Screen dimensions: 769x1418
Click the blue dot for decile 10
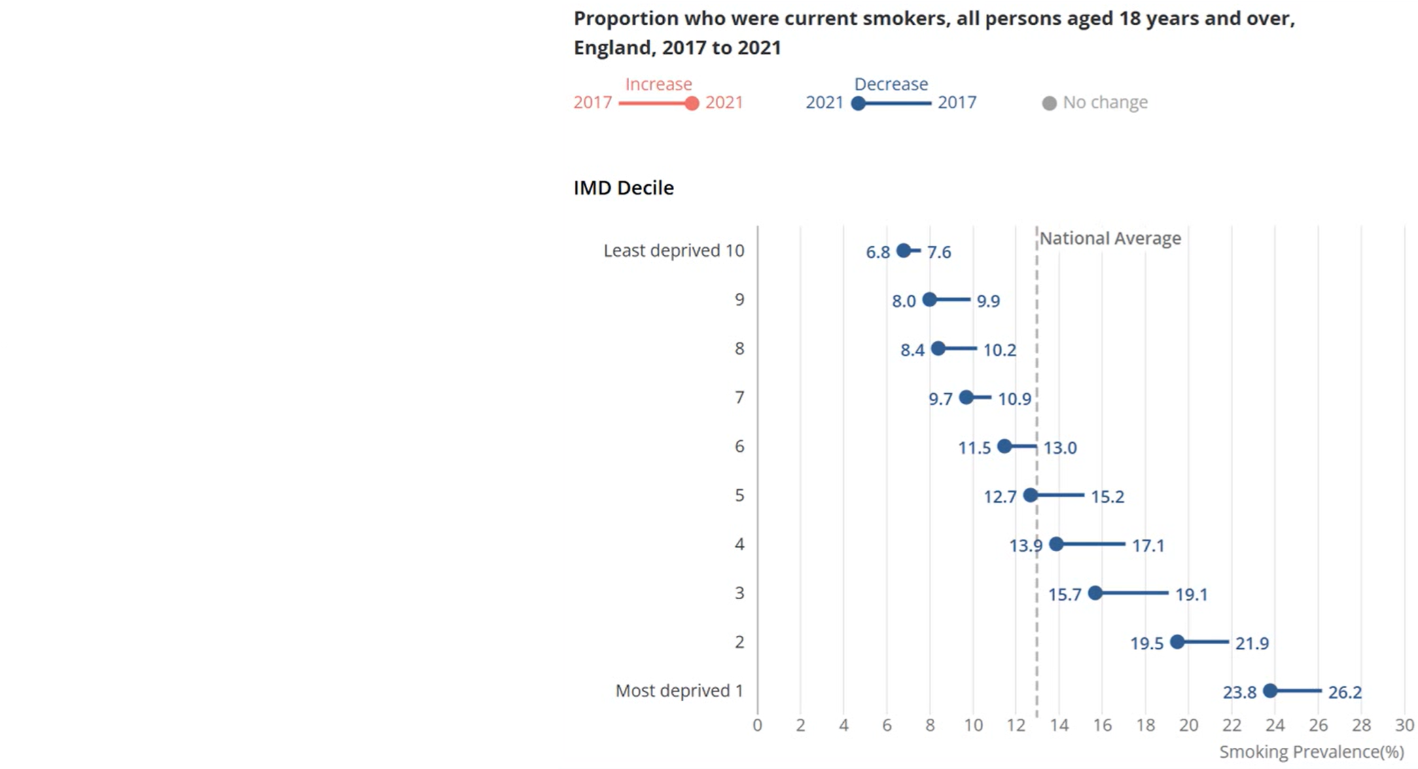pyautogui.click(x=903, y=251)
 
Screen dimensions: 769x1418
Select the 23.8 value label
pyautogui.click(x=1239, y=692)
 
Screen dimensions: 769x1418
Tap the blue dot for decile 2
pyautogui.click(x=1177, y=642)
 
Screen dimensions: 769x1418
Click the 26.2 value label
pyautogui.click(x=1345, y=692)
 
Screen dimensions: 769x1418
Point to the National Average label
pyautogui.click(x=1110, y=238)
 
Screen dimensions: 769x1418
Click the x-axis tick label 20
pyautogui.click(x=1188, y=725)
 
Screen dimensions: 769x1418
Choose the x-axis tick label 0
pyautogui.click(x=758, y=725)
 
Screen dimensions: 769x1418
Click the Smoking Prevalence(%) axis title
pyautogui.click(x=1311, y=752)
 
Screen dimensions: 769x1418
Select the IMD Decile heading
pyautogui.click(x=624, y=188)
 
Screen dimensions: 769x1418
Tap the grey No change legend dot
pyautogui.click(x=1049, y=103)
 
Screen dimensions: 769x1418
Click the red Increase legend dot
pyautogui.click(x=692, y=103)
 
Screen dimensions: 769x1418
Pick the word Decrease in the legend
pyautogui.click(x=891, y=84)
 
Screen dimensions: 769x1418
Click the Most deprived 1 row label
pyautogui.click(x=679, y=691)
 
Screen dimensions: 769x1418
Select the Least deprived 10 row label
pyautogui.click(x=674, y=251)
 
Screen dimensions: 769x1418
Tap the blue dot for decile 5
pyautogui.click(x=1031, y=495)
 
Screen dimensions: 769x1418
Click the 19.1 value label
pyautogui.click(x=1191, y=594)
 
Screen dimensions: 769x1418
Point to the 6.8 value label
pyautogui.click(x=877, y=252)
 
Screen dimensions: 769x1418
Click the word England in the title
pyautogui.click(x=614, y=48)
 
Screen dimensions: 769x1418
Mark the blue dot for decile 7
pyautogui.click(x=966, y=397)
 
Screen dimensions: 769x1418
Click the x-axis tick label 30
pyautogui.click(x=1404, y=725)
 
